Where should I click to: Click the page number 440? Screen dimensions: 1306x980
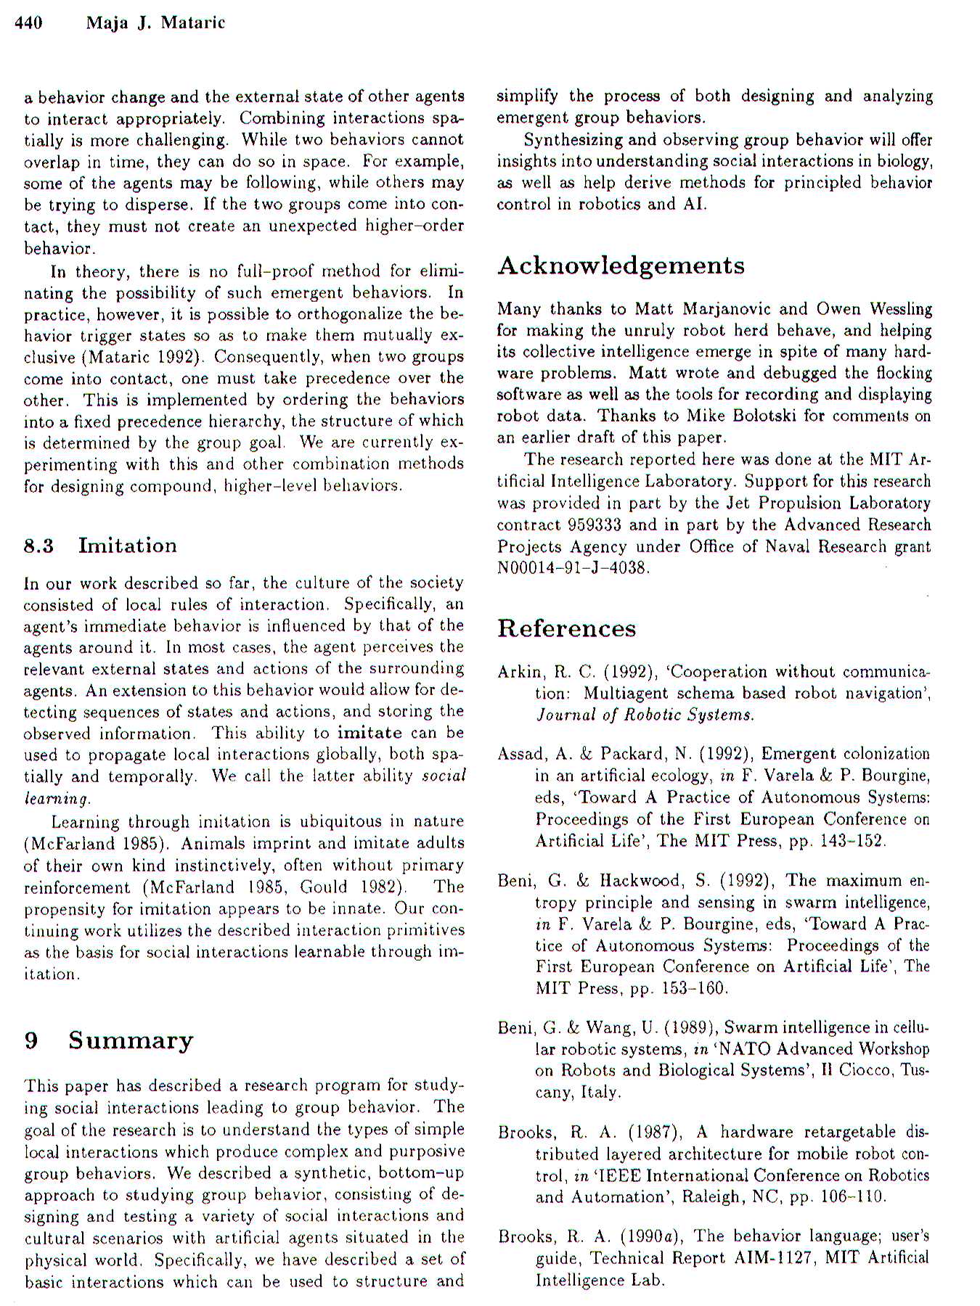click(28, 22)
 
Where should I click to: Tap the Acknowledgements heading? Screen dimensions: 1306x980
click(621, 266)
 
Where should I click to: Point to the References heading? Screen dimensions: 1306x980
click(566, 628)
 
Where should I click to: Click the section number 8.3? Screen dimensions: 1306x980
click(38, 546)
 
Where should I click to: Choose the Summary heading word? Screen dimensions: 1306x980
click(131, 1040)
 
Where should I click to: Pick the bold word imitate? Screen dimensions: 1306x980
click(369, 733)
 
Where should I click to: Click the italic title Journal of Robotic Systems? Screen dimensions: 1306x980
click(645, 715)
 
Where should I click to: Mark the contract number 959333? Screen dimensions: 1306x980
click(595, 525)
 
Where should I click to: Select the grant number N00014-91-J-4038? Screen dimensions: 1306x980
click(572, 568)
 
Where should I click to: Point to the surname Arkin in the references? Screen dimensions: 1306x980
click(519, 672)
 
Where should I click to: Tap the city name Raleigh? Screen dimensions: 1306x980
click(697, 1196)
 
